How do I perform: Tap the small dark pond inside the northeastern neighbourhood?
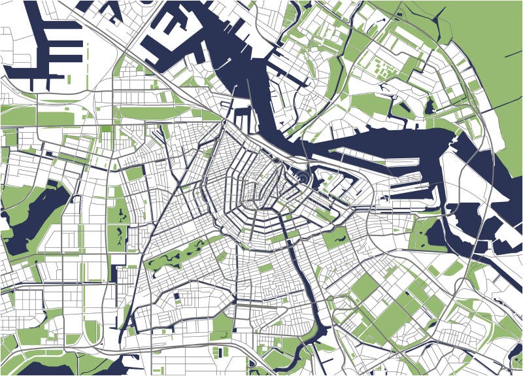(x=430, y=106)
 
